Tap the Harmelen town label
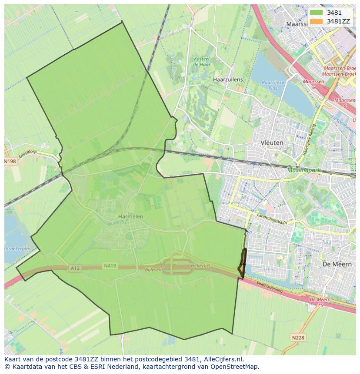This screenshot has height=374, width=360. point(130,216)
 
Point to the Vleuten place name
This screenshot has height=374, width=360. point(272,142)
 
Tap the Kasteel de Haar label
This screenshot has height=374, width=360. point(201,62)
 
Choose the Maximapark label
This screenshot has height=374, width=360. point(303,170)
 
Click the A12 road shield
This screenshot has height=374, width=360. point(75,268)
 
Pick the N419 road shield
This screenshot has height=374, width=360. point(110,265)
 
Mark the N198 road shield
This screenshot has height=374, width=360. point(10,162)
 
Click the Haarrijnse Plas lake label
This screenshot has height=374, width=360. point(273,85)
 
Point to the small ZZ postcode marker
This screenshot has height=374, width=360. point(242,263)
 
